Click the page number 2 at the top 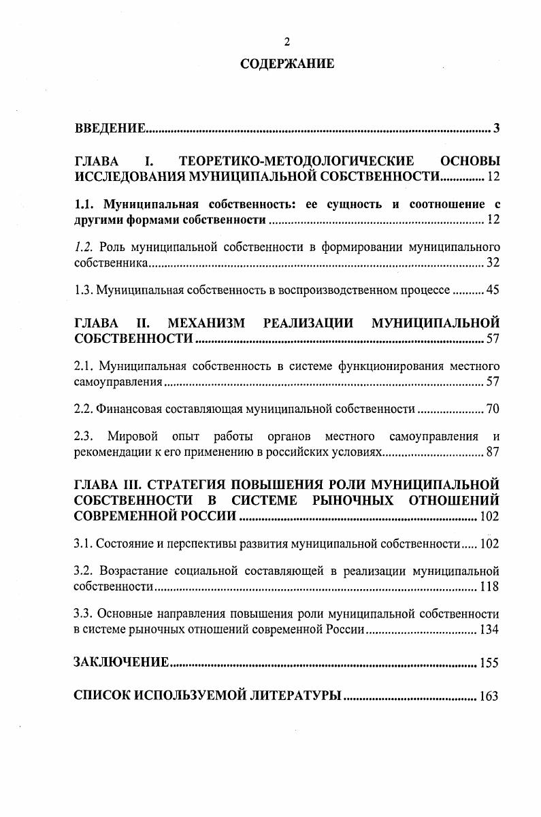286,43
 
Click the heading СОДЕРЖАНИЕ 286,65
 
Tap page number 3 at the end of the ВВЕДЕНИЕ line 497,129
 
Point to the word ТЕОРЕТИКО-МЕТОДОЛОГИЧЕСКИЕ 296,162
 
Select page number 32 493,263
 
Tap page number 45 493,290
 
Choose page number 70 493,409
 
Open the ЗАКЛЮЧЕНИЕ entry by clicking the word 120,662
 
